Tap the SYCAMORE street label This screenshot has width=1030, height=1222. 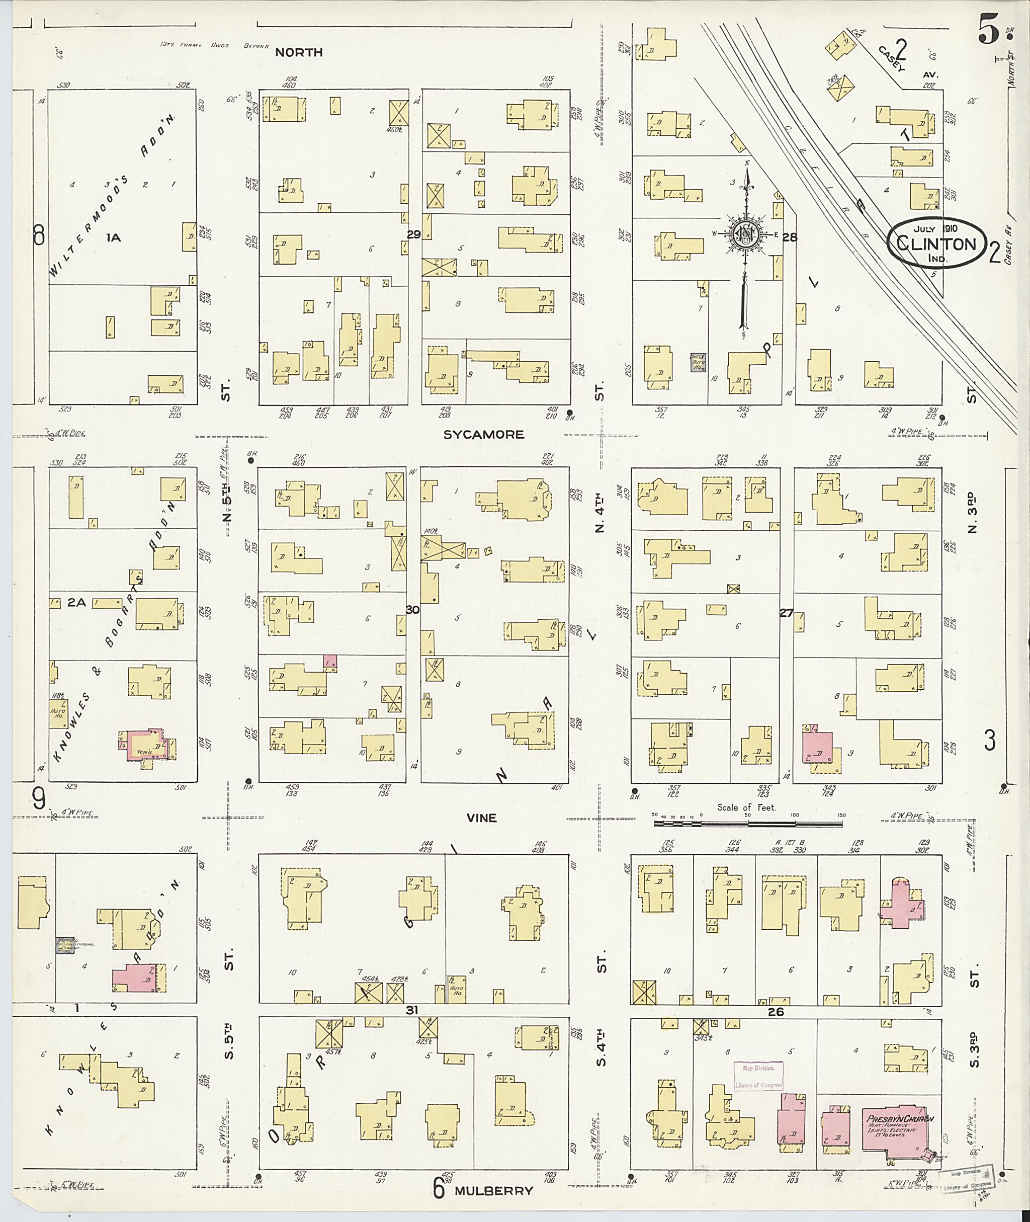point(483,435)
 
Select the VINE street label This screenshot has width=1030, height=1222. point(481,818)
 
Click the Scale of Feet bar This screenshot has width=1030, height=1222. point(747,824)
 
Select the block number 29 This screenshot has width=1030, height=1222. point(413,234)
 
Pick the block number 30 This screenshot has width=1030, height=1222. point(412,610)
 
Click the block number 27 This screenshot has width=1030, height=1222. point(786,613)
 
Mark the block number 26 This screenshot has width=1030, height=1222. point(775,1012)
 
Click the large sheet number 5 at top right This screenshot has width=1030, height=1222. point(988,32)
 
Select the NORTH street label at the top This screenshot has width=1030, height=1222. point(298,52)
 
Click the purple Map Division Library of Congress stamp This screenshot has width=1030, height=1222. point(758,1076)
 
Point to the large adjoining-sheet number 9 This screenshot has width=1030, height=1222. point(39,799)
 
